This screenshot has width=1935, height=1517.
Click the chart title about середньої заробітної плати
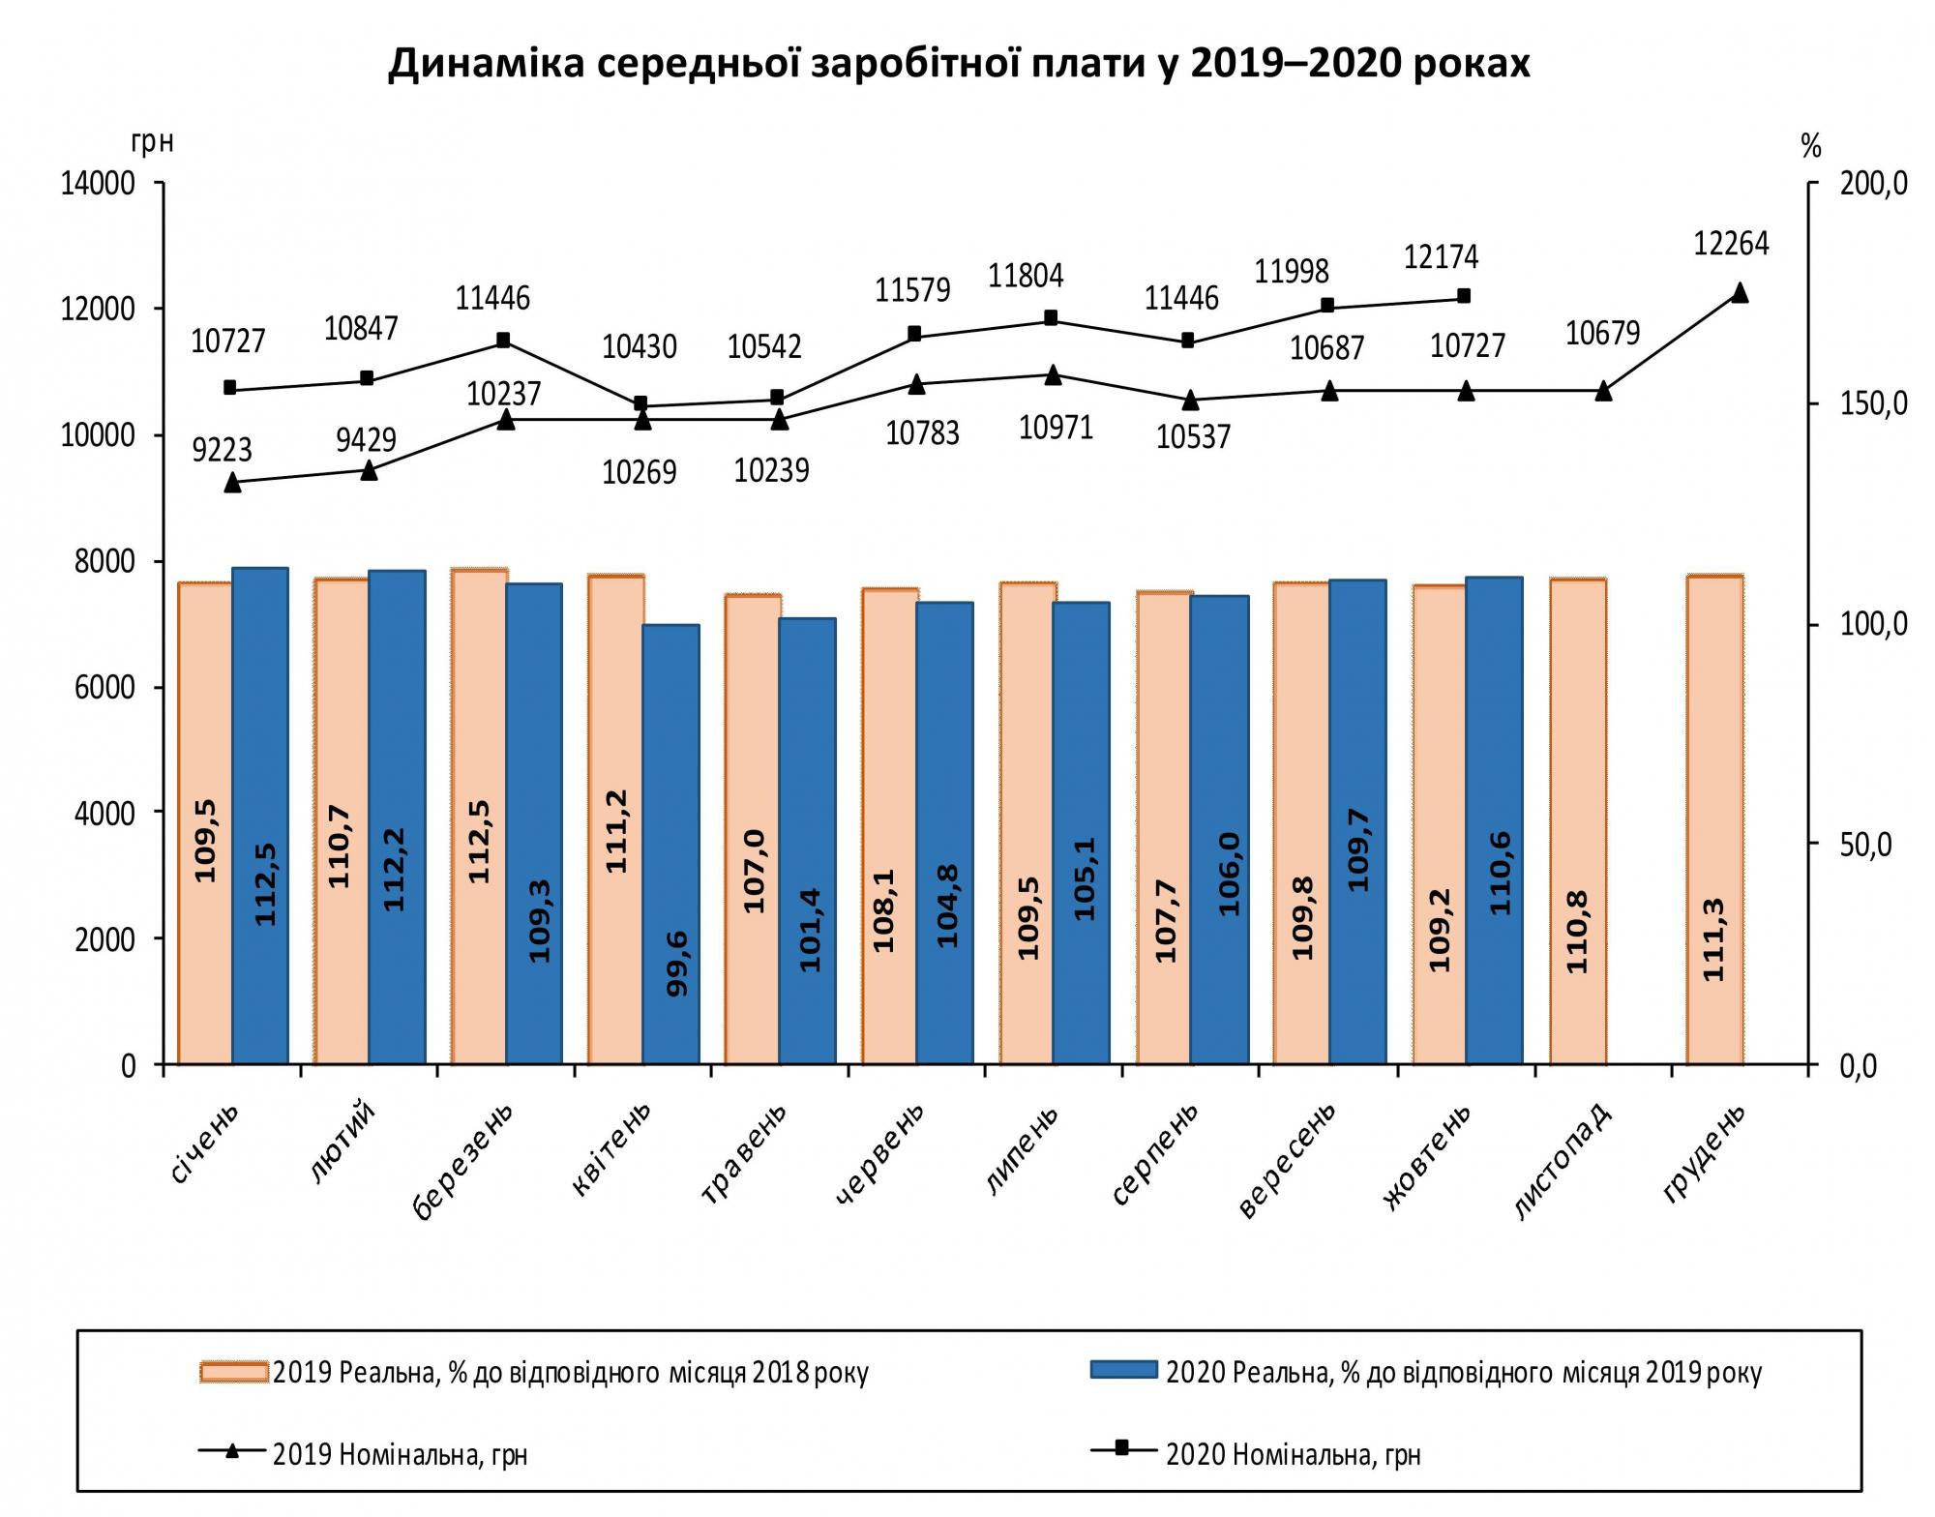tap(959, 64)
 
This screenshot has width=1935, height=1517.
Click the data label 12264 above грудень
tap(1731, 244)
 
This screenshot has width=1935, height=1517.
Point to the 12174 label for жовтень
tap(1441, 257)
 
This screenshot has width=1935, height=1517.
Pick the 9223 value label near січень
tap(222, 450)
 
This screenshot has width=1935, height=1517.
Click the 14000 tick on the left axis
tap(98, 184)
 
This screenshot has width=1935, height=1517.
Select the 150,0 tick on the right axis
tap(1873, 403)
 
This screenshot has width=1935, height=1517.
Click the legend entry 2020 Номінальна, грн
tap(1293, 1454)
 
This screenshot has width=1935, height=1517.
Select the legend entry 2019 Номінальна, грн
tap(400, 1454)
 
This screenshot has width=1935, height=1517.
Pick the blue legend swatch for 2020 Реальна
tap(1123, 1370)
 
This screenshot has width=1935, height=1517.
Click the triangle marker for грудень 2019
tap(1739, 292)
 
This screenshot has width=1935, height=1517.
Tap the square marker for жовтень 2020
tap(1464, 295)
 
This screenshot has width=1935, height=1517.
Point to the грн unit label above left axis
tap(152, 143)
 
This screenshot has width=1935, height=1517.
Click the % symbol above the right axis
tap(1810, 147)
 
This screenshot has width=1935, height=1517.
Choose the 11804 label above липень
tap(1026, 277)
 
